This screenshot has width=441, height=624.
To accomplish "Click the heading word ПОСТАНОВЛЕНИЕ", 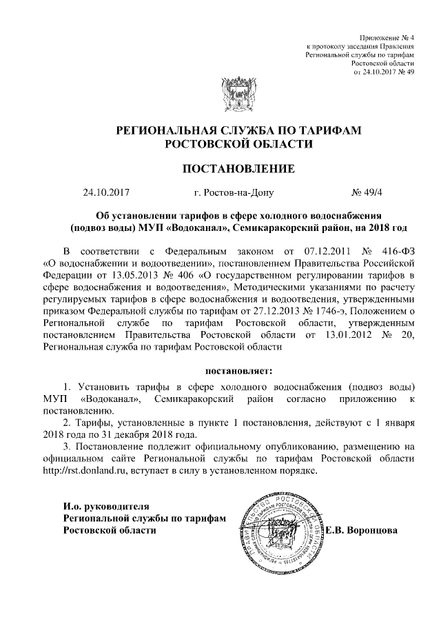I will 238,168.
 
